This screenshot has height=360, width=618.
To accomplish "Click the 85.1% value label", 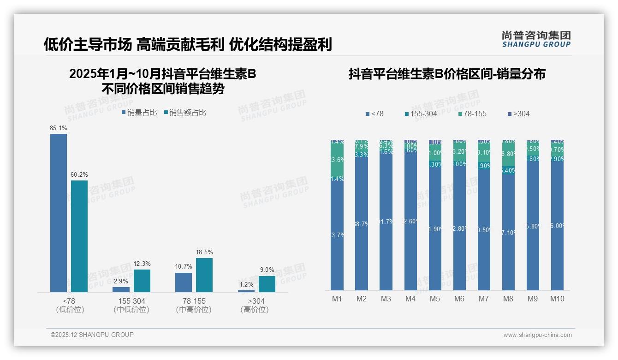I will point(59,128).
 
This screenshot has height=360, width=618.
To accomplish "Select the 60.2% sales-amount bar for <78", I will point(79,236).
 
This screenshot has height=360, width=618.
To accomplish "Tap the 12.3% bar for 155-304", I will point(142,281).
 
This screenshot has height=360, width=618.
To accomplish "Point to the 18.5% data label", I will point(204,252).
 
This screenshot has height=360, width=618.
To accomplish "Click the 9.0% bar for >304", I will point(267,284).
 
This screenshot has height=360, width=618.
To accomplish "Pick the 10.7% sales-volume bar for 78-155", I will point(184,282).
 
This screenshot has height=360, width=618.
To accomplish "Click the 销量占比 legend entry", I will point(139,112).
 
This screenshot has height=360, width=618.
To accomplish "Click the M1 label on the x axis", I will point(337,299).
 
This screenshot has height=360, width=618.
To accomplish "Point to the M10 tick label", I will point(557,299).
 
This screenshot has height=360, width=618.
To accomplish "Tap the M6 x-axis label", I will point(459,299).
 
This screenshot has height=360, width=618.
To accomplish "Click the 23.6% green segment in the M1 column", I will point(337,160).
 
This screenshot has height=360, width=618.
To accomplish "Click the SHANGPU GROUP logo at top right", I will point(536,39).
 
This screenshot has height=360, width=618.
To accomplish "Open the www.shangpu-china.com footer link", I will point(537,335).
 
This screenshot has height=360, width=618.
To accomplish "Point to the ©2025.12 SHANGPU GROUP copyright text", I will point(92,335).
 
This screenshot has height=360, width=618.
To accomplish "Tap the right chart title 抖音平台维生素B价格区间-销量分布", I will point(447,74).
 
